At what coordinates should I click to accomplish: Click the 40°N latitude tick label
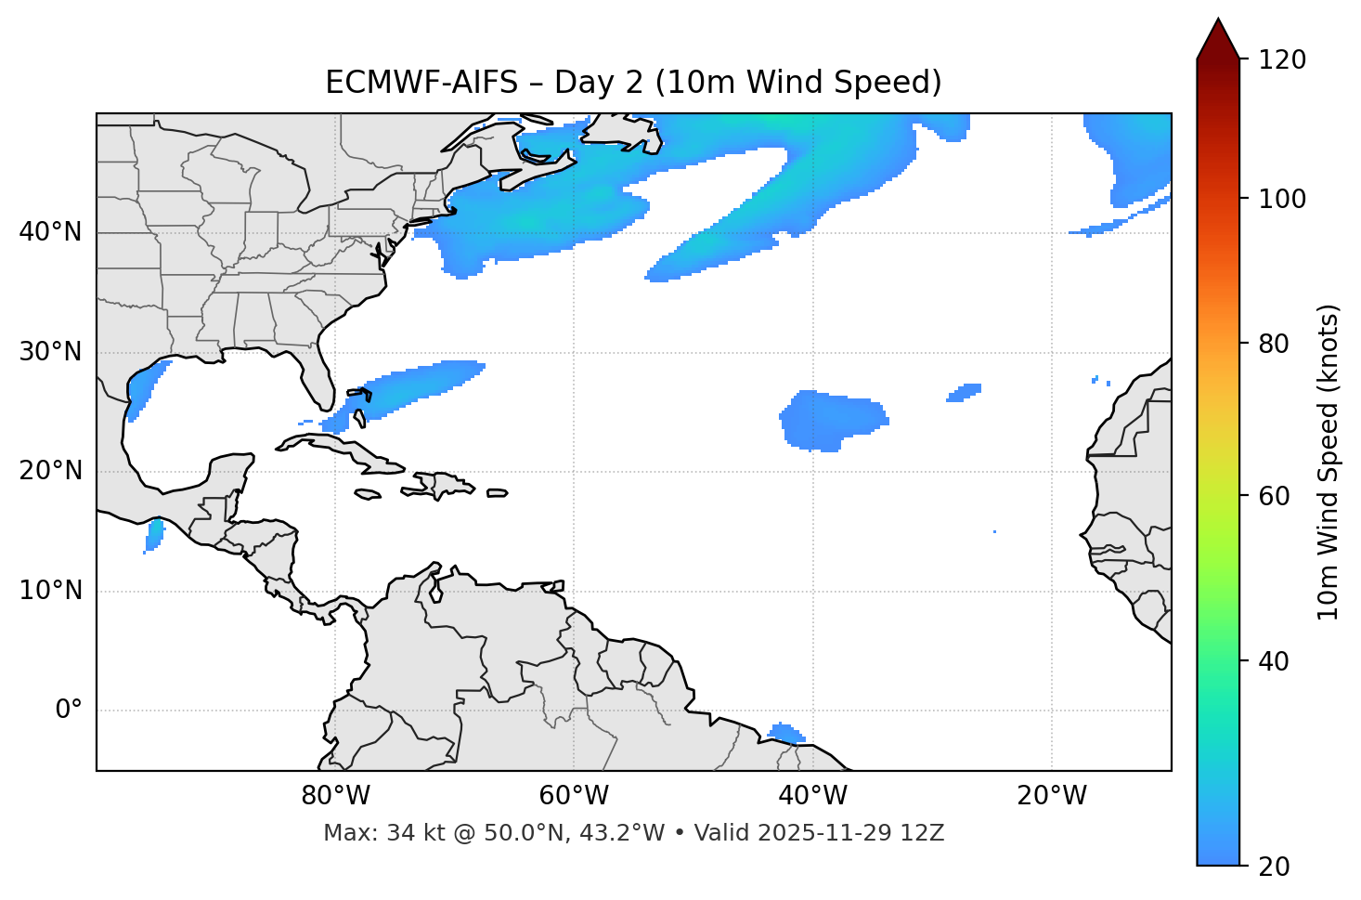(50, 232)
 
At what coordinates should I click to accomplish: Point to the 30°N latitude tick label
(50, 352)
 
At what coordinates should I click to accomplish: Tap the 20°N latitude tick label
(50, 471)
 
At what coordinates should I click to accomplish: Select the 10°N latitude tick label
(50, 591)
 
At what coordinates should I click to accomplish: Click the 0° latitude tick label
(69, 711)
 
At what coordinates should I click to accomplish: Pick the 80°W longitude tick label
(335, 796)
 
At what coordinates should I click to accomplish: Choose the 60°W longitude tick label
(574, 796)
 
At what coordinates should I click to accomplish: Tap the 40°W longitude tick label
(812, 796)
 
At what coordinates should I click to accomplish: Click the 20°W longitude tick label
(1051, 796)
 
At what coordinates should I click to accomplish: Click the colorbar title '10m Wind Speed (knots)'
(1329, 463)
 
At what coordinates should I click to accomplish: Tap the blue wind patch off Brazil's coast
(786, 733)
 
